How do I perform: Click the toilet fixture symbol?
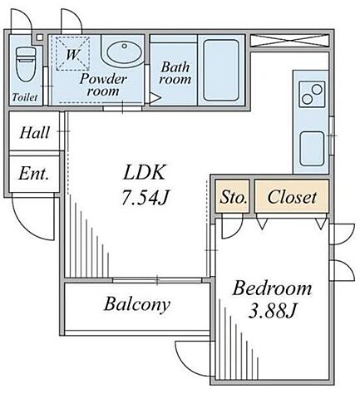[x=26, y=64]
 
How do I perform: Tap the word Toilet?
[x=25, y=97]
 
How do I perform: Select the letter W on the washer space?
[x=72, y=54]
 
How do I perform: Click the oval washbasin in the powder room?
[x=125, y=52]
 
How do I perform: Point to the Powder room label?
[x=103, y=85]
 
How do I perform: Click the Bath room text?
[x=175, y=73]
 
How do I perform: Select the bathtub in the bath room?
[x=221, y=71]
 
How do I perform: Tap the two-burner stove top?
[x=312, y=94]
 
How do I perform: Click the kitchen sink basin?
[x=312, y=149]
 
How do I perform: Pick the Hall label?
[x=35, y=133]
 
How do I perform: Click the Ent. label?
[x=34, y=174]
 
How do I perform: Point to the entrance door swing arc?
[x=27, y=225]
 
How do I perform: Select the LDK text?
[x=145, y=173]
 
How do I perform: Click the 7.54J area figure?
[x=145, y=197]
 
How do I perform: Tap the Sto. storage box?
[x=233, y=196]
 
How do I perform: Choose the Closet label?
[x=292, y=197]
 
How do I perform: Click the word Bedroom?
[x=272, y=288]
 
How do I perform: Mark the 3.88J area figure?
[x=273, y=311]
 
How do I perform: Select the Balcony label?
[x=137, y=304]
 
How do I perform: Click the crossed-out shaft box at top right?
[x=289, y=40]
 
